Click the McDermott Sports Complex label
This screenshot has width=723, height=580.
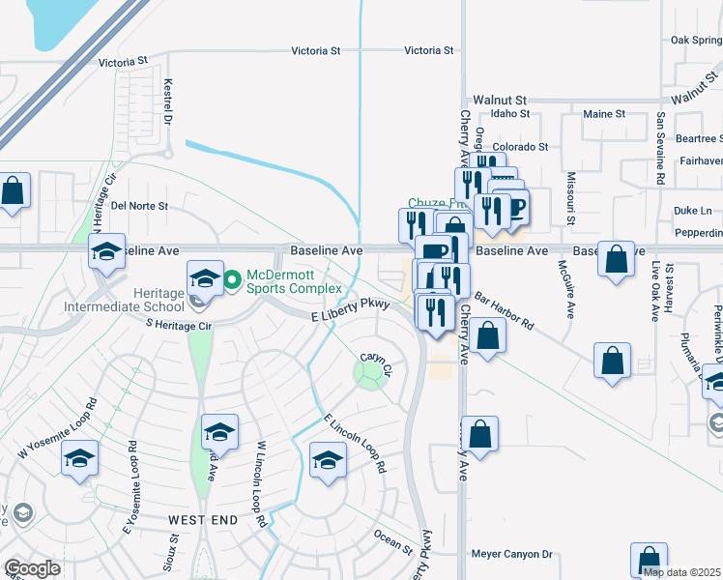tap(294, 281)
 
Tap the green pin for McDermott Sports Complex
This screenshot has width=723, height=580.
tap(232, 281)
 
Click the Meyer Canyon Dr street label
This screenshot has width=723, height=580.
tap(511, 554)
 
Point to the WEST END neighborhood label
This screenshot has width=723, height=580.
tap(203, 520)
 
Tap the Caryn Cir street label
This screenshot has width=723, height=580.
tap(375, 363)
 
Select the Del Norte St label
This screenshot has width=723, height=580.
tap(139, 206)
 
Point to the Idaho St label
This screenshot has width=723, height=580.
tap(511, 113)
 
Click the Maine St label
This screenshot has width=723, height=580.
tap(604, 113)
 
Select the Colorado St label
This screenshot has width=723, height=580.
tap(524, 147)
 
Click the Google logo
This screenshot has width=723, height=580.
tap(32, 568)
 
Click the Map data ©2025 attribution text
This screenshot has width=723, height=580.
tap(682, 572)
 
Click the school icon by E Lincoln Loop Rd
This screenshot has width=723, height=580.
tap(329, 459)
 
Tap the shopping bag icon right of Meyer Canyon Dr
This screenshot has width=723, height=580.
tap(649, 560)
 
